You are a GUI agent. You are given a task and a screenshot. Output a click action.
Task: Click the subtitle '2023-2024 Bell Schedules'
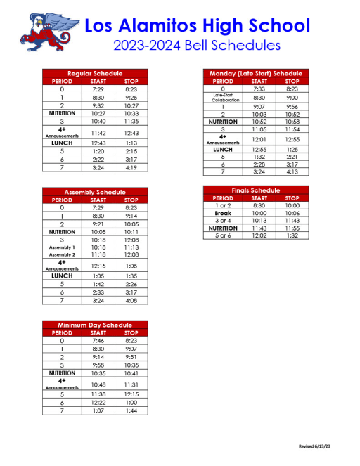pos(196,45)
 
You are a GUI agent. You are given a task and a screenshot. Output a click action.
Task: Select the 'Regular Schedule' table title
pos(95,73)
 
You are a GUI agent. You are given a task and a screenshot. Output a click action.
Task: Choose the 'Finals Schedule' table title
pos(255,190)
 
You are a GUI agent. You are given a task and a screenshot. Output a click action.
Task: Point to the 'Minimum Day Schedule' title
pos(95,325)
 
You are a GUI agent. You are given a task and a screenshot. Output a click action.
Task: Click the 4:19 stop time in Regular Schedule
pos(131,169)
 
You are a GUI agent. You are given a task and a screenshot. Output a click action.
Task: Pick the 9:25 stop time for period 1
pos(131,97)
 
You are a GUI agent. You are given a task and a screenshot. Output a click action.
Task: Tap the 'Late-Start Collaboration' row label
pos(222,98)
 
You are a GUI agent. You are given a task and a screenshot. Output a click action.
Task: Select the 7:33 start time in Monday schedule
pos(257,89)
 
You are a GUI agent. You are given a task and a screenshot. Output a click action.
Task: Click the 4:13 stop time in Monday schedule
pos(292,171)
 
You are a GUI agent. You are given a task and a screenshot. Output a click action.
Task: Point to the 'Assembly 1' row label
pos(62,247)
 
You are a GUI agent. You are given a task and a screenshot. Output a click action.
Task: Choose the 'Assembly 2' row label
pos(62,255)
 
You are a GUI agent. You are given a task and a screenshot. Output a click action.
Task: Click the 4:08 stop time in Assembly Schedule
pos(131,300)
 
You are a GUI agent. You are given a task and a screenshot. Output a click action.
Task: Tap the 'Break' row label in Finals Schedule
pos(222,213)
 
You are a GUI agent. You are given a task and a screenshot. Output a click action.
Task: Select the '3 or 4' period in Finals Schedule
pos(222,221)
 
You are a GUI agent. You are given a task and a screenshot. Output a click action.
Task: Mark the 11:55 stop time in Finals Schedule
pos(292,228)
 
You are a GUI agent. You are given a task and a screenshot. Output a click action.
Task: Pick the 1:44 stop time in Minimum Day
pos(131,410)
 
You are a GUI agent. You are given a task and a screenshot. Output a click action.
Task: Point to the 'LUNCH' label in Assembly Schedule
pos(62,276)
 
